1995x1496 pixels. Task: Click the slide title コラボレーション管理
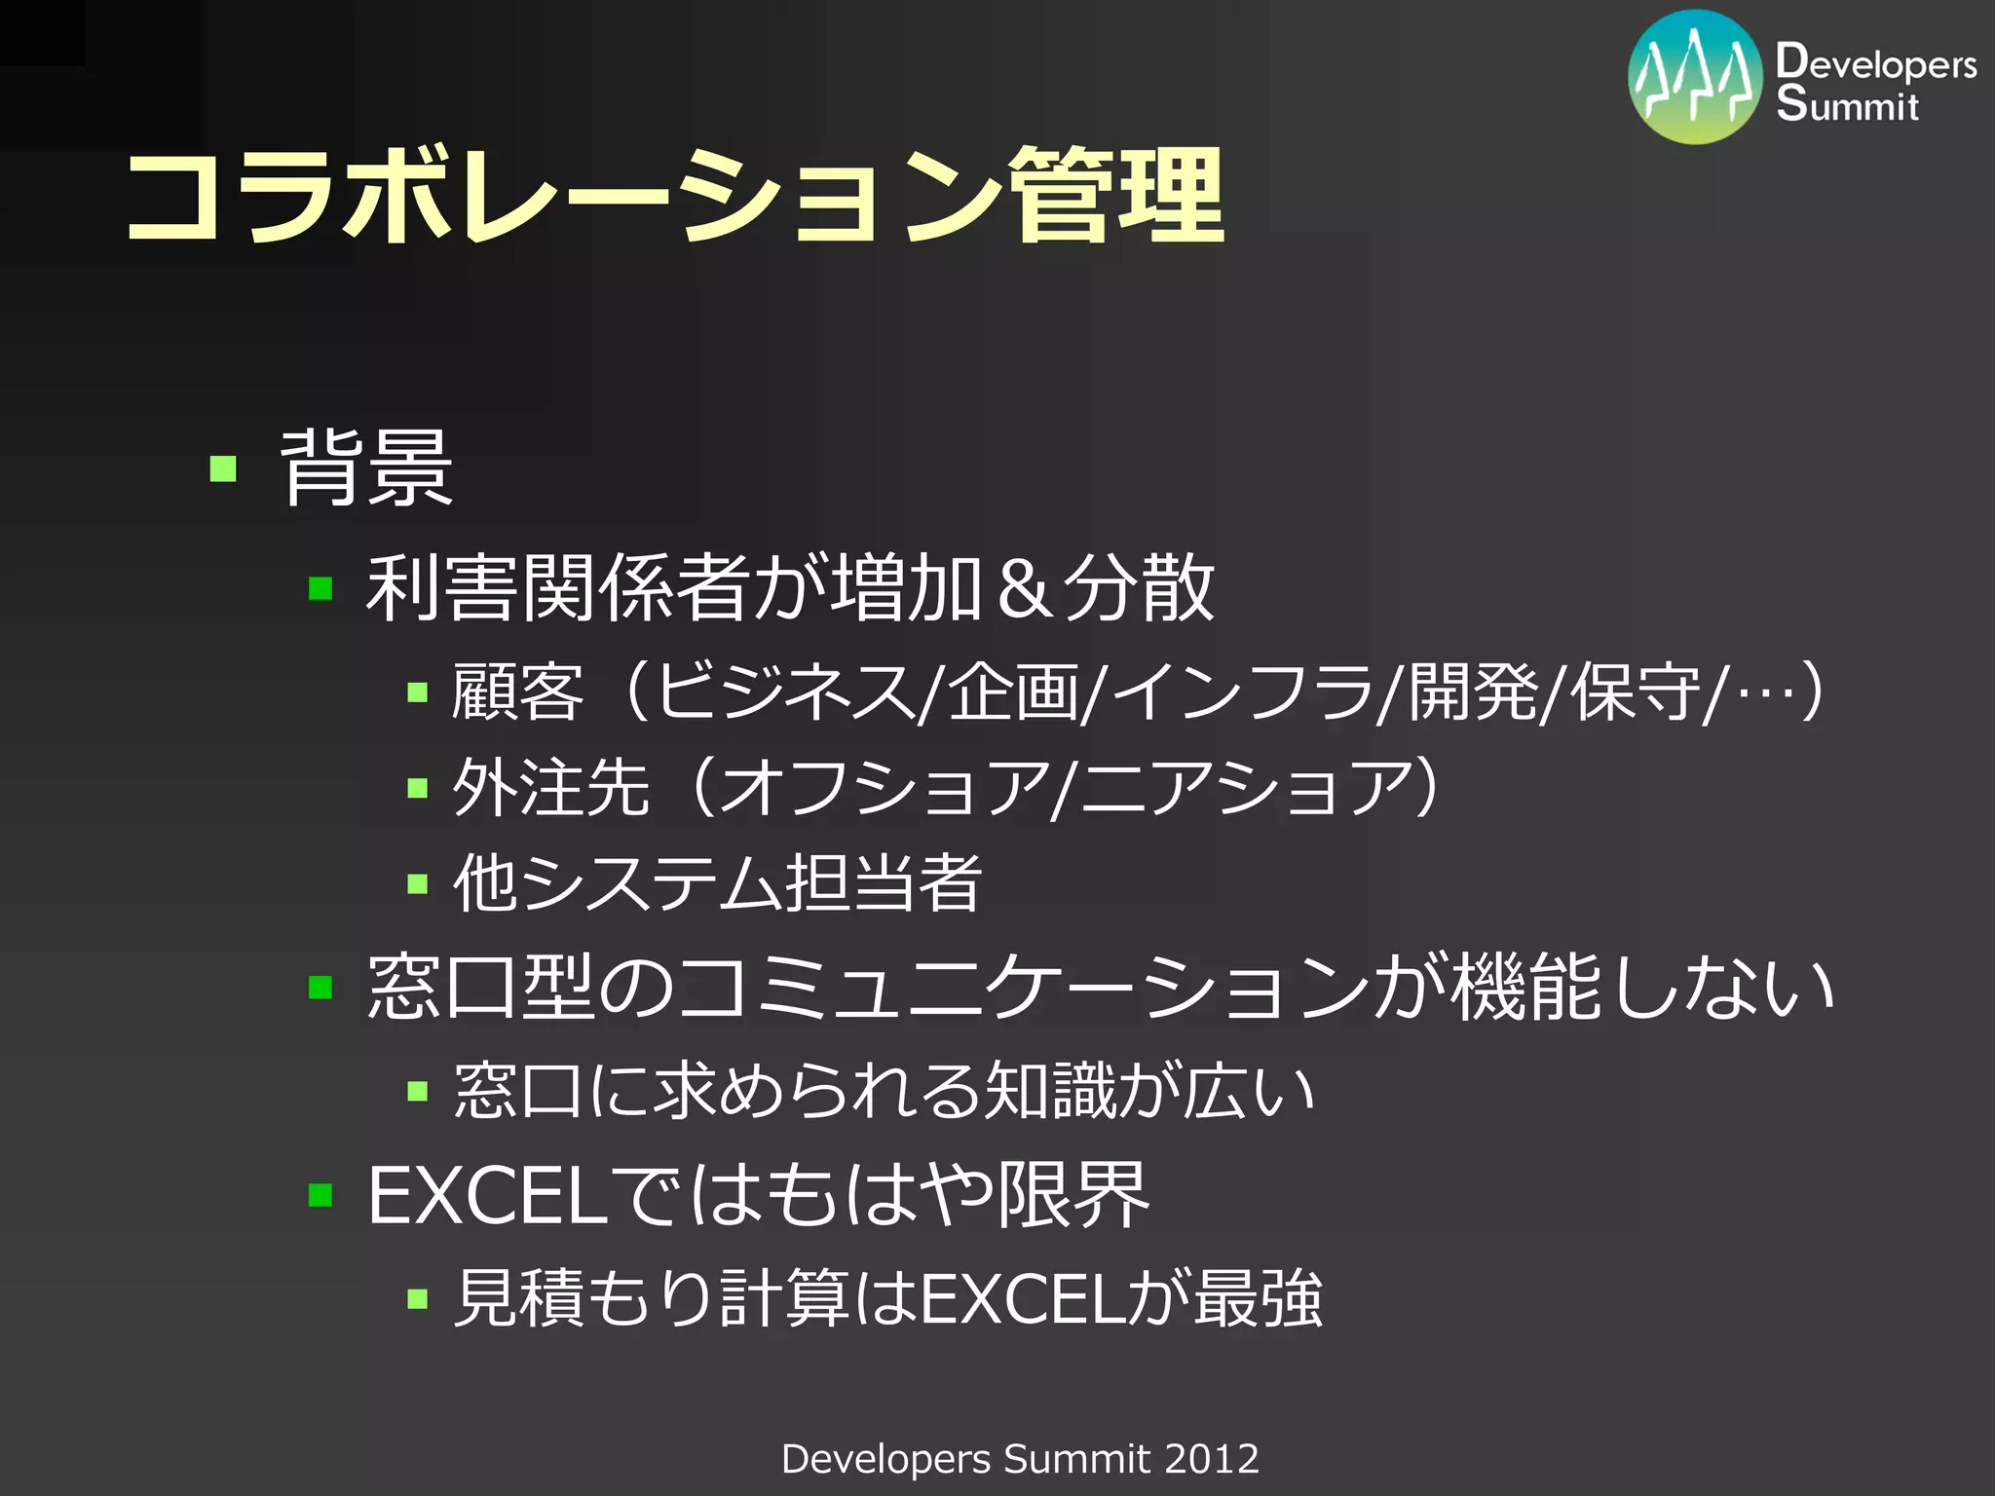click(x=674, y=195)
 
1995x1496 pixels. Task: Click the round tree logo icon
click(x=1695, y=78)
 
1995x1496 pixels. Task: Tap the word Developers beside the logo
click(x=1875, y=62)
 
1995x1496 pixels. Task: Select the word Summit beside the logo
click(x=1847, y=103)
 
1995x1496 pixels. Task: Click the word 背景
click(x=366, y=468)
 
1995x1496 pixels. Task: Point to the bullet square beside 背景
click(x=223, y=469)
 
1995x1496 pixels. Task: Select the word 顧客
click(x=517, y=692)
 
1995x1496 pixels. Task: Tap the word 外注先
click(x=550, y=787)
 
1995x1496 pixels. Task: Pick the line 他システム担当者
click(x=717, y=883)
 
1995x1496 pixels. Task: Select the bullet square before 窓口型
click(x=320, y=989)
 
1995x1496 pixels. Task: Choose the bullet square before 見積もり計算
click(x=418, y=1299)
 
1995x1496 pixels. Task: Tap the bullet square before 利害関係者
click(x=320, y=589)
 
